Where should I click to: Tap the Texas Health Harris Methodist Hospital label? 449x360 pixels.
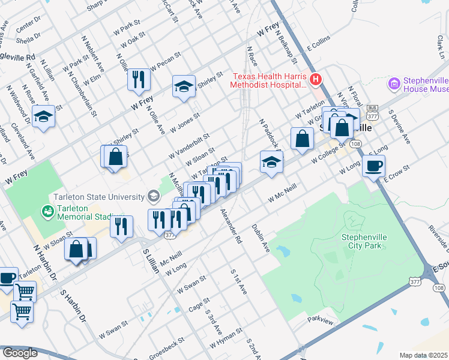click(x=268, y=80)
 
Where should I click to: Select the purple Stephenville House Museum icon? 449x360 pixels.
click(x=394, y=84)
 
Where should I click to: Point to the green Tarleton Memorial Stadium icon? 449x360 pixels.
click(x=47, y=212)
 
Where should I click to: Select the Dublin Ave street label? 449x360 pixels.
click(x=261, y=238)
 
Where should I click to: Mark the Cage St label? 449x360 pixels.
click(x=199, y=304)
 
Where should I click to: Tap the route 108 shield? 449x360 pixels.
click(x=356, y=145)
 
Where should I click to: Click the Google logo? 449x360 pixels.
click(x=20, y=353)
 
